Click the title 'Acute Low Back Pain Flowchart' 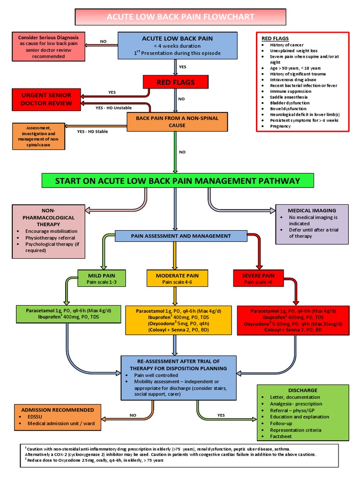click(x=180, y=17)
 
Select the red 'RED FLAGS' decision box click(x=175, y=82)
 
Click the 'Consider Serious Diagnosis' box click(x=49, y=46)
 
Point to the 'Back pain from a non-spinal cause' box click(x=177, y=122)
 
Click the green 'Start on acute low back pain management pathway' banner click(x=177, y=180)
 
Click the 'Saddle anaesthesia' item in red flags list click(x=282, y=97)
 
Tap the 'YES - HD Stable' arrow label click(x=92, y=132)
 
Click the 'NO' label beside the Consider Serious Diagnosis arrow click(x=103, y=41)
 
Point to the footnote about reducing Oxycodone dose click(x=94, y=460)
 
